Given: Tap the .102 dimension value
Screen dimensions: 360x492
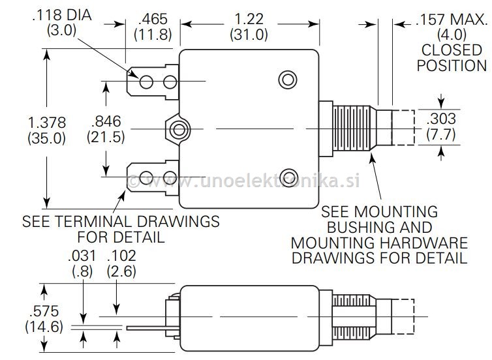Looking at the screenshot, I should [x=121, y=256].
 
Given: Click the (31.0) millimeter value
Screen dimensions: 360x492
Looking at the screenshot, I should [x=249, y=34].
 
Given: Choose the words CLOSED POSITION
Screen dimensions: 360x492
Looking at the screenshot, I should [x=452, y=57].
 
